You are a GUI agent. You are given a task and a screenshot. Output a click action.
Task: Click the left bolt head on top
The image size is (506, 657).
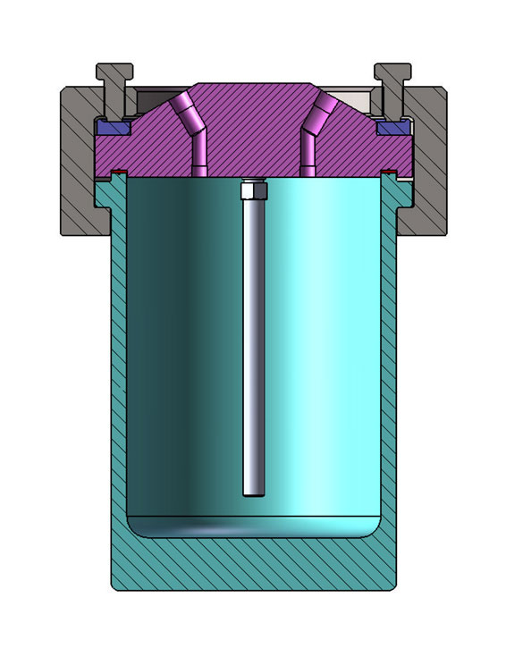[x=114, y=71]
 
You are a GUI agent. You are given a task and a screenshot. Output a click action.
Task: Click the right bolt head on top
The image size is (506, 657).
[x=392, y=71]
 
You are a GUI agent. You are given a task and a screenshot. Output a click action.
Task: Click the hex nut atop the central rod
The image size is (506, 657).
[x=253, y=190]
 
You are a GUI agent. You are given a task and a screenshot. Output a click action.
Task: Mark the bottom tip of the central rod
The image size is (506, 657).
[x=253, y=493]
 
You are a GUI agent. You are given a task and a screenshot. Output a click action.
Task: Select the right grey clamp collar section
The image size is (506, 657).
[x=427, y=161]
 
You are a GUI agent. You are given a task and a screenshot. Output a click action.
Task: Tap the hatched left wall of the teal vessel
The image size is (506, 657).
[x=117, y=375]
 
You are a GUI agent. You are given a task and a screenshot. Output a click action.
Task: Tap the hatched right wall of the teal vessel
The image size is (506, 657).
[x=389, y=375]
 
